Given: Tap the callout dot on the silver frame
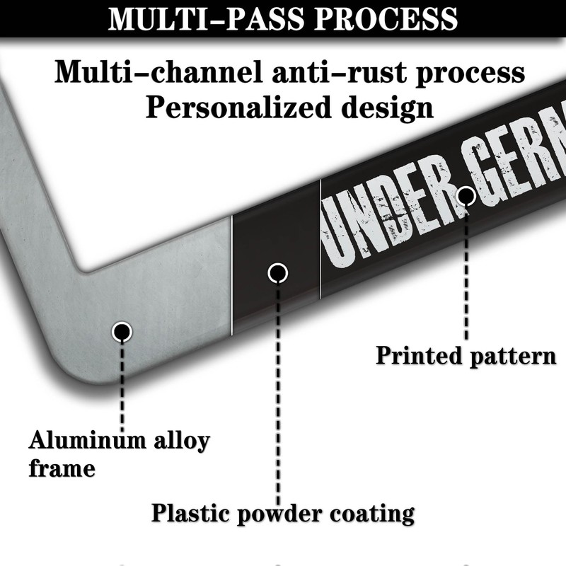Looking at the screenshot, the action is pos(122,330).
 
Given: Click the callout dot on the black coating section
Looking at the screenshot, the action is pos(278,272).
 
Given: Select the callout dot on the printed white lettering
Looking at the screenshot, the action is pos(466,195).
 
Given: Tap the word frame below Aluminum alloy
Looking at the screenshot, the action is pos(62,468).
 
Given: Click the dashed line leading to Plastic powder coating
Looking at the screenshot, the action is pos(278,389).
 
